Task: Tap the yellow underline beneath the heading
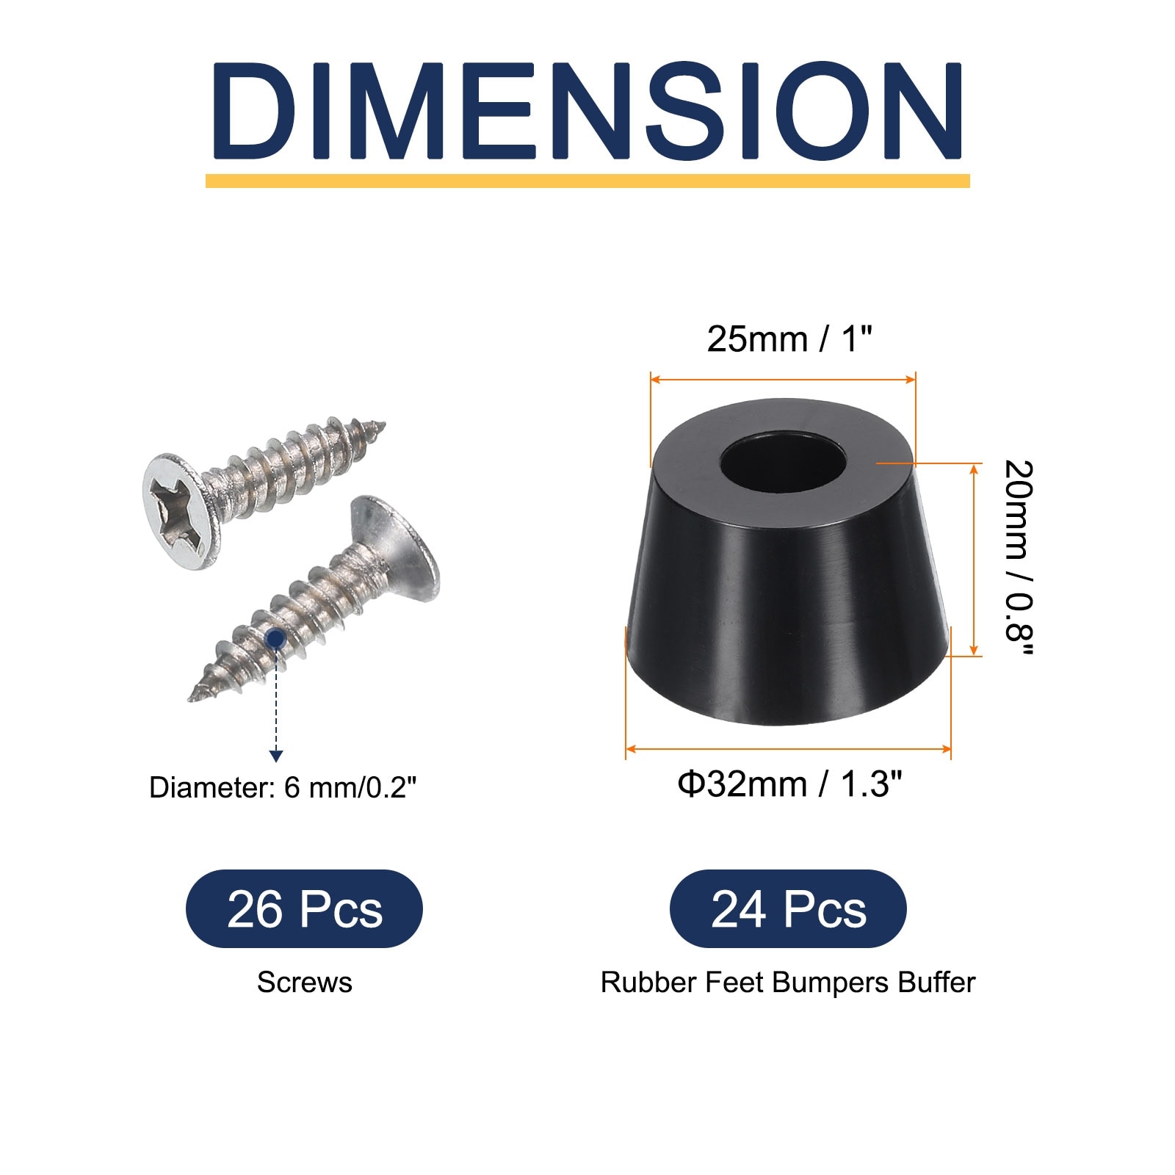pyautogui.click(x=587, y=181)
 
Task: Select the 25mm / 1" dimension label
pyautogui.click(x=789, y=339)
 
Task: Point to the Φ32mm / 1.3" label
pyautogui.click(x=789, y=784)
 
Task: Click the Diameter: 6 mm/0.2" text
pyautogui.click(x=283, y=788)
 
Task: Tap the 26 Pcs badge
pyautogui.click(x=304, y=909)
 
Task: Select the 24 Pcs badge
pyautogui.click(x=788, y=909)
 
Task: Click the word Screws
pyautogui.click(x=304, y=983)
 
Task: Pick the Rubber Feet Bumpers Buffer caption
pyautogui.click(x=788, y=983)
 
